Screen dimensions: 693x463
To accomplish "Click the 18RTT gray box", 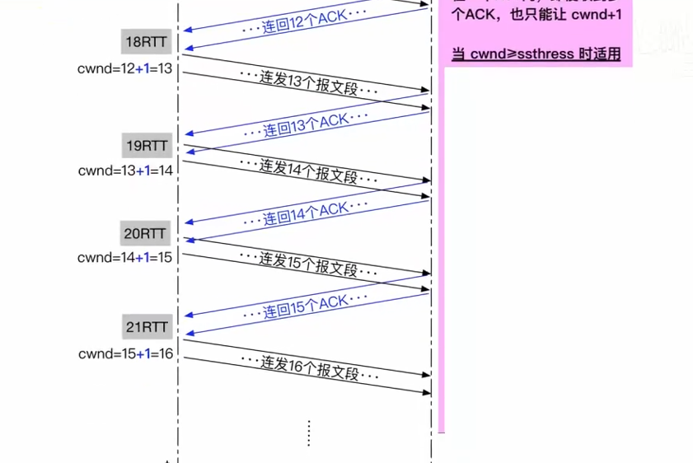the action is point(147,42).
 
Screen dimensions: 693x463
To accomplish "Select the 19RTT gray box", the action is point(147,146).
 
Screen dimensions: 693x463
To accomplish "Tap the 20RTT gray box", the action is point(147,233).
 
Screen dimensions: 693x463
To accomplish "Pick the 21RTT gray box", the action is point(147,327).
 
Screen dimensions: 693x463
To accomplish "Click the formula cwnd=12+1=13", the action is point(125,68).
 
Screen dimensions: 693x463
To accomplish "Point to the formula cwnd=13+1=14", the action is point(125,171).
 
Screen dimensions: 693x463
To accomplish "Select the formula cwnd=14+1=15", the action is point(125,258).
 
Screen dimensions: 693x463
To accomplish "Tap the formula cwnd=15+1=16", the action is point(125,353).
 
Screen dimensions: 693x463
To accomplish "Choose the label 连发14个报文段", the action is point(310,171).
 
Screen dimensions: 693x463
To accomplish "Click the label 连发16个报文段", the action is point(310,367).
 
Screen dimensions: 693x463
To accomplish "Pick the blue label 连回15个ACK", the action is point(306,306).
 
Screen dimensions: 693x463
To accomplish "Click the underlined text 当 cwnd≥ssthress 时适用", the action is point(536,55).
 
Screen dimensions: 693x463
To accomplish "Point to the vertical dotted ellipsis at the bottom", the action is point(308,433).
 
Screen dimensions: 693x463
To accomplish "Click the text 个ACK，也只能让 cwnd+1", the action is point(536,15).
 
